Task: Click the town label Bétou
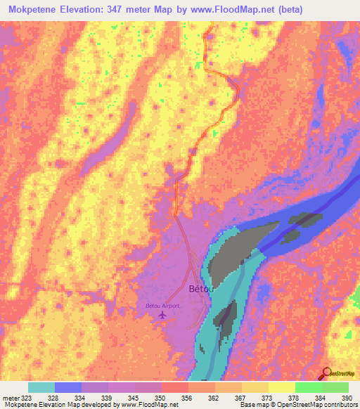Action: (x=200, y=289)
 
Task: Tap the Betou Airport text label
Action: (x=162, y=306)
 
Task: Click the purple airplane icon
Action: (x=163, y=315)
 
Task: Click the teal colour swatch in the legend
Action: (x=41, y=387)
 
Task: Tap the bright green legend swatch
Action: (x=308, y=387)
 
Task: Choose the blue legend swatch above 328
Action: (x=68, y=387)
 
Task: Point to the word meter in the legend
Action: (x=12, y=398)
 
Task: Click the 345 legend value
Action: (x=132, y=398)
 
